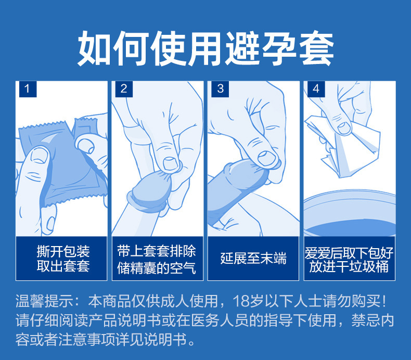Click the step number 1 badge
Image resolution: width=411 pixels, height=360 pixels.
point(28,89)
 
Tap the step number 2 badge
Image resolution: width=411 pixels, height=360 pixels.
point(124,89)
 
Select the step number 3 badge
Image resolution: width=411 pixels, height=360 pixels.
point(220,89)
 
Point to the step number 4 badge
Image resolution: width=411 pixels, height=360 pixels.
point(316,89)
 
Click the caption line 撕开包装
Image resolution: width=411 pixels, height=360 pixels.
point(63,251)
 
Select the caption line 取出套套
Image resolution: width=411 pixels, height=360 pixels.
point(63,266)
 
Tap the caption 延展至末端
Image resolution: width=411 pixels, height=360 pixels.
point(253,258)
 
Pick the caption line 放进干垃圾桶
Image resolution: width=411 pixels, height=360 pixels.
point(349,267)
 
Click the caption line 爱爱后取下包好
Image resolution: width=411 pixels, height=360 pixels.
point(349,253)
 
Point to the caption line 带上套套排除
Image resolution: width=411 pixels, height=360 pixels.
point(157,251)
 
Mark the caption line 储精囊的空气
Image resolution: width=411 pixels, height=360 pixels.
point(157,268)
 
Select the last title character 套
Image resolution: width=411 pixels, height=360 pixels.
point(316,48)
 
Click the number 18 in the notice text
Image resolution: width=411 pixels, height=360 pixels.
point(241,301)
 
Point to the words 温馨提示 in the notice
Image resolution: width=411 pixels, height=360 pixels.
point(45,301)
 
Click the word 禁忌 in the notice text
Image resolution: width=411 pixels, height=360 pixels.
point(365,320)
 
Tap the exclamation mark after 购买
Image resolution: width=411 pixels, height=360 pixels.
point(384,301)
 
